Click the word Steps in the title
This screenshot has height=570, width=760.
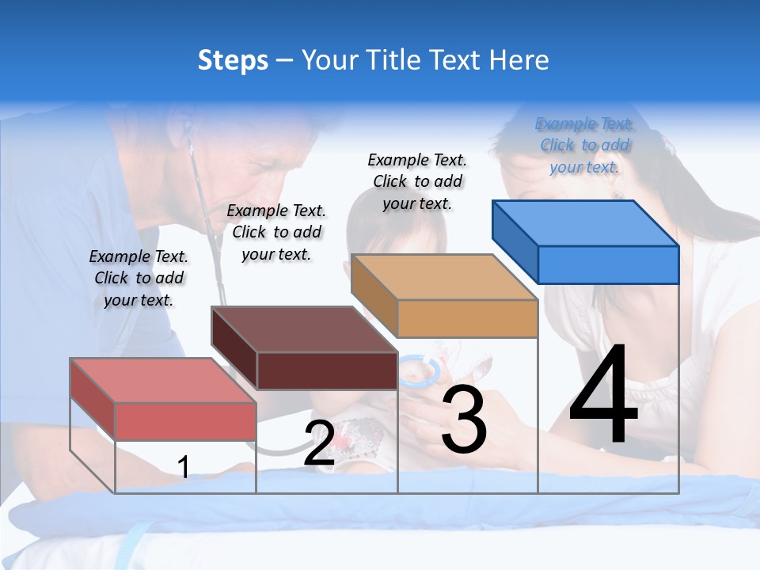tap(233, 60)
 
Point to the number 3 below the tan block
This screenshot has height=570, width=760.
tap(464, 420)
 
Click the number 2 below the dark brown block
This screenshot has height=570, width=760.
tap(319, 444)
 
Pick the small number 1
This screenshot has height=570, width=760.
tap(184, 468)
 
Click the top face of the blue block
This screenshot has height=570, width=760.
tap(586, 222)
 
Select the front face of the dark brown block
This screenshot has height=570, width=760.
tap(327, 370)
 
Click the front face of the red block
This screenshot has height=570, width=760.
tap(185, 420)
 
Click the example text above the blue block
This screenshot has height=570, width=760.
tap(584, 145)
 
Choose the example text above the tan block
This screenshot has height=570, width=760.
tap(417, 181)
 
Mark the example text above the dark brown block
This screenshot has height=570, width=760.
tap(276, 232)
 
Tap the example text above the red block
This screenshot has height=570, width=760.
tap(139, 278)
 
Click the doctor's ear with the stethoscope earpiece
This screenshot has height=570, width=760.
tap(187, 127)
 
